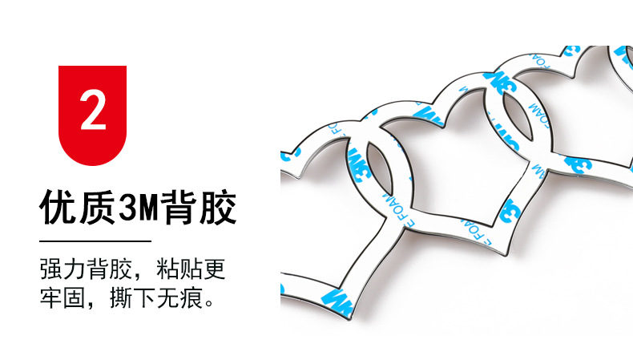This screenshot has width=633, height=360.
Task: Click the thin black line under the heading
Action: point(95,241)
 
